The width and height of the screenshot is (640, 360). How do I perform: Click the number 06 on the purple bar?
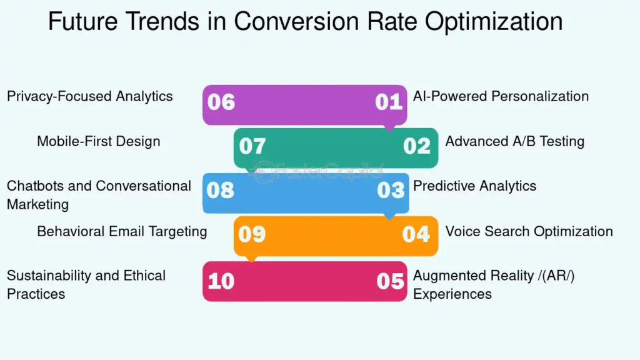tap(221, 102)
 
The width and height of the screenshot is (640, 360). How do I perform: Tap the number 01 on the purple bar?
tap(389, 102)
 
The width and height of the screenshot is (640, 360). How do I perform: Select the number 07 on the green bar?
tap(252, 146)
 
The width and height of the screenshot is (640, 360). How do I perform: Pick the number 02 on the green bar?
tap(417, 146)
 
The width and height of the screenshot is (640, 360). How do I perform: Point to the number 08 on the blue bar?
tap(221, 190)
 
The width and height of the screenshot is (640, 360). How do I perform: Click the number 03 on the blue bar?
tap(391, 190)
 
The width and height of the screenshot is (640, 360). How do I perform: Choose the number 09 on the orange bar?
tap(252, 234)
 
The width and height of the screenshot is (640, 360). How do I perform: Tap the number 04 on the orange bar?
tap(416, 234)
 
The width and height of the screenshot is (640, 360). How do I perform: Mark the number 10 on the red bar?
tap(221, 281)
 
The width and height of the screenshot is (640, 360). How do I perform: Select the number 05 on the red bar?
tap(391, 281)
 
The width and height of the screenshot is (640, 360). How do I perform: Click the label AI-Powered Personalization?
tap(501, 96)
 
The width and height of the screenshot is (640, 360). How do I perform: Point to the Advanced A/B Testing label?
tap(514, 141)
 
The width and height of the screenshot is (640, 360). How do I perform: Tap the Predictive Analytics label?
tap(474, 186)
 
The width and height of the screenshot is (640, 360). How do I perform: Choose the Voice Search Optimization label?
tap(529, 231)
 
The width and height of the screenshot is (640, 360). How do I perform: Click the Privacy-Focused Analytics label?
tap(89, 96)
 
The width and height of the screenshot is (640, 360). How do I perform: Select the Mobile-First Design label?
tap(99, 141)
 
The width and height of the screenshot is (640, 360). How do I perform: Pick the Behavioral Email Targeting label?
tap(122, 231)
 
